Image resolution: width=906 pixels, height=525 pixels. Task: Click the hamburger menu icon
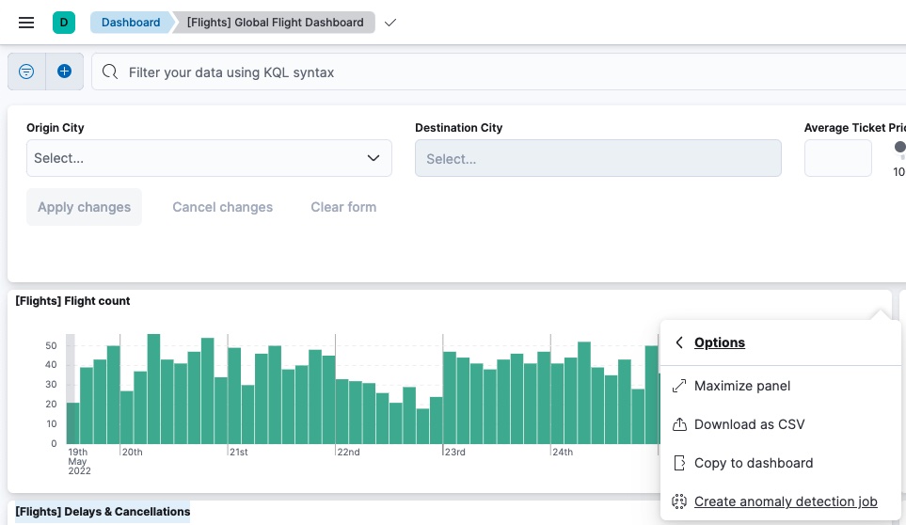tap(26, 23)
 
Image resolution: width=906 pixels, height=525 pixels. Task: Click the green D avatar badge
tap(64, 23)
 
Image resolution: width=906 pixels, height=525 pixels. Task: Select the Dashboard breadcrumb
tap(131, 23)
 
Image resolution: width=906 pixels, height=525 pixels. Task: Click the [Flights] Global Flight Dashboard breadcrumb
tap(275, 23)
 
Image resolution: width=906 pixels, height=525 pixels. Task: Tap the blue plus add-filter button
tap(64, 72)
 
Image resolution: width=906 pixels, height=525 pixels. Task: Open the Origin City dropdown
tap(209, 158)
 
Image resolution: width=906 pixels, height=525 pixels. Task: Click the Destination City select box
tap(597, 159)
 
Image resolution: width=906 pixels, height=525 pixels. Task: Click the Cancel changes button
tap(222, 207)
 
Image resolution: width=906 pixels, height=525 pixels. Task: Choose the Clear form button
tap(343, 207)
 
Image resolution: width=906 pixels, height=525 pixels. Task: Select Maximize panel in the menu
tap(741, 386)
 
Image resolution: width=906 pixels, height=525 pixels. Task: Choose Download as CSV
tap(749, 424)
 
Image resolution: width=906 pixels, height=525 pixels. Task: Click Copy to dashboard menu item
tap(753, 463)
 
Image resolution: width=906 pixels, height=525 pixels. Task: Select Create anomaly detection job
tap(785, 501)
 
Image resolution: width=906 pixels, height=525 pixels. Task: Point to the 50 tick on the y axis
tap(52, 345)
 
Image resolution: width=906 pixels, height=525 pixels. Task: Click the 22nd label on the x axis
tap(348, 453)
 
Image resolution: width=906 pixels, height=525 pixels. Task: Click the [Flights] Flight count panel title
tap(72, 301)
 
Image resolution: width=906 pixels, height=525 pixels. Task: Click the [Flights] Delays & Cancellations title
tap(103, 512)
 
